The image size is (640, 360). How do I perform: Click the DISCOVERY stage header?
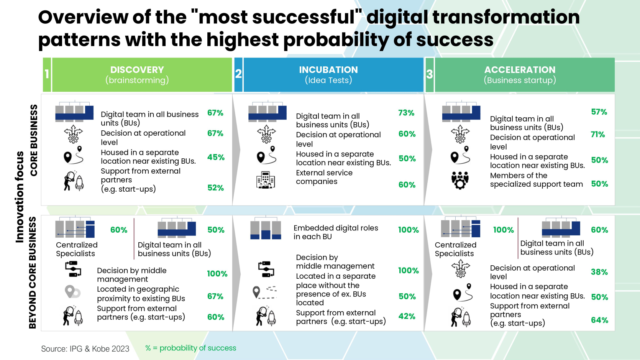pos(137,70)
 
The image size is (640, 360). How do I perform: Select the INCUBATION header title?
pos(328,70)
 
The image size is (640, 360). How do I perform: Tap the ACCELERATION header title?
pos(520,70)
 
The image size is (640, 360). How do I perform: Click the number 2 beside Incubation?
pos(238,74)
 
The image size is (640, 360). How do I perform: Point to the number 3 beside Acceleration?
pos(429,74)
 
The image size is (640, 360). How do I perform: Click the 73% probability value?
pos(406,113)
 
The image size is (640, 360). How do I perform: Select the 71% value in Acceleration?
pos(597,135)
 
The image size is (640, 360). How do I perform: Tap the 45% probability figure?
pos(216,157)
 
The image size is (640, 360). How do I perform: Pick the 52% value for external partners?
pos(215,188)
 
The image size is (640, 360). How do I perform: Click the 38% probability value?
pos(599,272)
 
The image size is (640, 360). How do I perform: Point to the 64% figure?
pos(599,320)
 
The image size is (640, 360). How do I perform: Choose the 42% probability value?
pos(407,316)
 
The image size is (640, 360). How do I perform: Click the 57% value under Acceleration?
pos(599,112)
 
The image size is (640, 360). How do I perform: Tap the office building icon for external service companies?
pos(266,180)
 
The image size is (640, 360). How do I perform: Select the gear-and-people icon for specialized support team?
pos(460,180)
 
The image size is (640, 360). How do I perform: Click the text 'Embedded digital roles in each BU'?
pos(335,232)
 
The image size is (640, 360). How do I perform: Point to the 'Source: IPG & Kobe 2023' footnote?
pos(85,349)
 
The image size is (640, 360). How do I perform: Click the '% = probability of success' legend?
pos(190,348)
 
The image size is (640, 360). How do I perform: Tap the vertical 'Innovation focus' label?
pos(20,197)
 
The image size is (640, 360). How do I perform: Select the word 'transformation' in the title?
pos(506,17)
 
